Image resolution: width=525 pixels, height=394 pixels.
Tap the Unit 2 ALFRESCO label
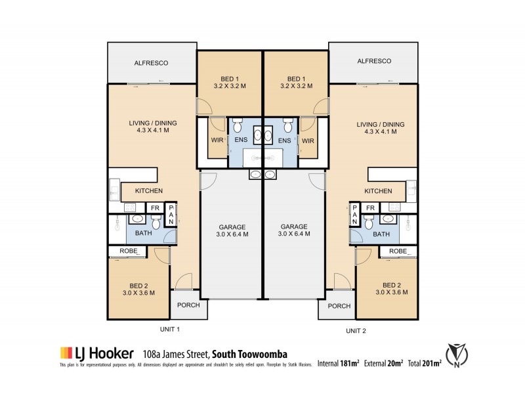[x=374, y=61]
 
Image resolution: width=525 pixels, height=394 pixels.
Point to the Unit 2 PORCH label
[x=339, y=306]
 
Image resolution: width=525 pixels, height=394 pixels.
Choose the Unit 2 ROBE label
[x=398, y=252]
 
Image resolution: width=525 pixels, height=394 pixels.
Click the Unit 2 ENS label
[x=285, y=141]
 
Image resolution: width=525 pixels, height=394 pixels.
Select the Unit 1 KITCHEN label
[x=149, y=191]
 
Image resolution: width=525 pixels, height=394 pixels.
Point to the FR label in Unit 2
[x=370, y=208]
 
